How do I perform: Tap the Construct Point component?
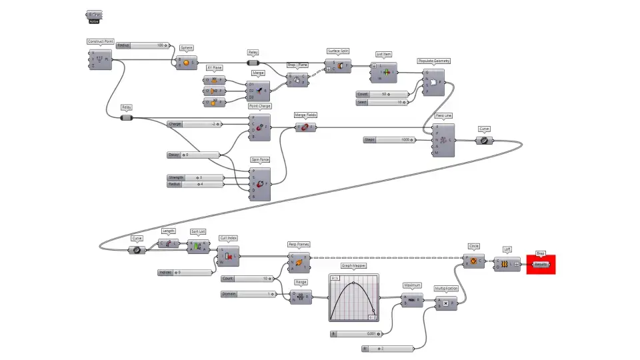[x=101, y=60]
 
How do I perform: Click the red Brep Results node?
[x=541, y=264]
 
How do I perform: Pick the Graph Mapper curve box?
[x=353, y=297]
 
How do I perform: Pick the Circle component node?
[x=474, y=261]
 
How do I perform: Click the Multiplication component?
[x=447, y=303]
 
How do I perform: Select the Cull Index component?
[x=228, y=255]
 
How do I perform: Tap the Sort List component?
[x=198, y=247]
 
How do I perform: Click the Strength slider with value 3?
[x=189, y=177]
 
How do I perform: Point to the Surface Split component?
[x=338, y=65]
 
